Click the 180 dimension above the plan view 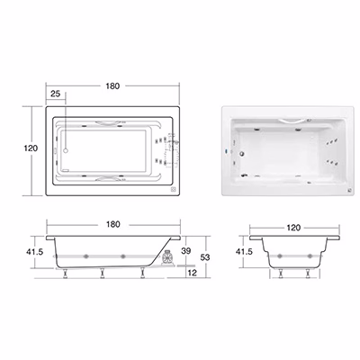point(112,86)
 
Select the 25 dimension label point(55,94)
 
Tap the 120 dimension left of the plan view point(31,148)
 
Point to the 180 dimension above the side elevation point(113,224)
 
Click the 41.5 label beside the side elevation point(34,251)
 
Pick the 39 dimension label point(186,251)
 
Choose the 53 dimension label point(205,257)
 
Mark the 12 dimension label point(192,273)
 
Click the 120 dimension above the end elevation point(293,228)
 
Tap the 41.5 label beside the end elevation point(244,251)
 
